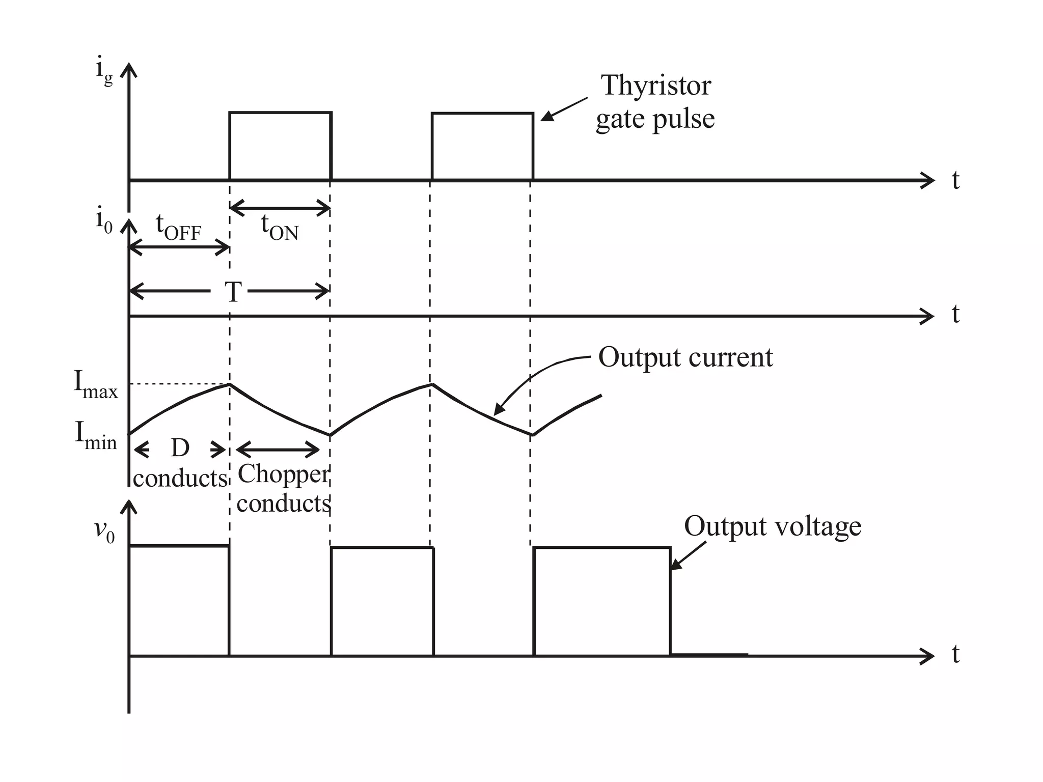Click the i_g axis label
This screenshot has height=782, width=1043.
103,73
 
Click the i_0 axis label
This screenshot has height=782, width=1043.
104,221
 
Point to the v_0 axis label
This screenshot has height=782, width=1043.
104,531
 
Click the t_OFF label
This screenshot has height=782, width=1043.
178,228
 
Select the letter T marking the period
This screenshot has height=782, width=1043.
233,292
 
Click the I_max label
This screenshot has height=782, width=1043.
95,385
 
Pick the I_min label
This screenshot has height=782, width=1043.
96,435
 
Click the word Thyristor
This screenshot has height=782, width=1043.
655,86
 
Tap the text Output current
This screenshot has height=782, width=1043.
685,357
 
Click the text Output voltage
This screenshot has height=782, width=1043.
772,526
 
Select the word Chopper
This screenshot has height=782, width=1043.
283,474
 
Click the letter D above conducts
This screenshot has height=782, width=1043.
180,449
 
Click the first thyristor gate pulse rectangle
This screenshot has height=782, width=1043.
281,146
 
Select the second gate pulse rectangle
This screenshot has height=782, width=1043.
482,146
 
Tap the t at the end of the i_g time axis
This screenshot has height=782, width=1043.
955,180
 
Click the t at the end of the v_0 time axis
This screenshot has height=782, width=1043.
955,655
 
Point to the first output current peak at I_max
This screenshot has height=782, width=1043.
230,384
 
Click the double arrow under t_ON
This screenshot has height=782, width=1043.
281,208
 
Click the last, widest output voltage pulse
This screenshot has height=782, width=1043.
602,601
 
